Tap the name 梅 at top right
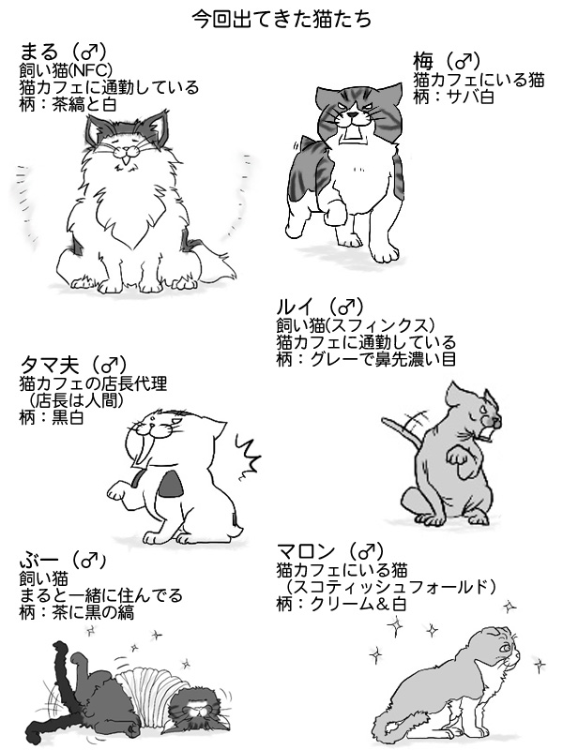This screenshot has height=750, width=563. pyautogui.click(x=422, y=63)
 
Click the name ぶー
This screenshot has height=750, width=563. pyautogui.click(x=35, y=561)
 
